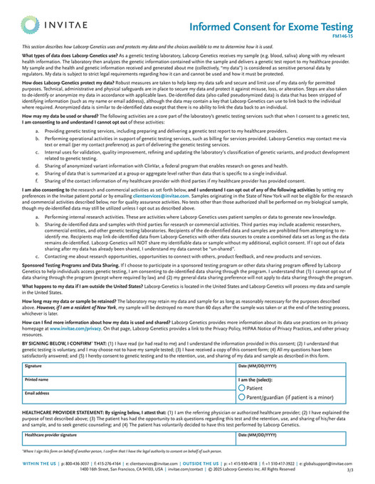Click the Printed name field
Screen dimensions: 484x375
128,383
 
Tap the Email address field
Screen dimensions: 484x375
128,397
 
